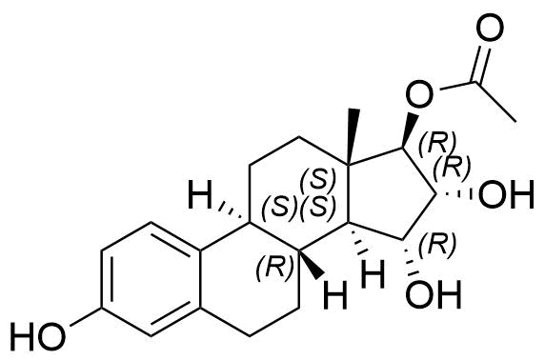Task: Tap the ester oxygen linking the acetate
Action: (x=416, y=93)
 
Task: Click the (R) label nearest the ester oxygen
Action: (x=441, y=141)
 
